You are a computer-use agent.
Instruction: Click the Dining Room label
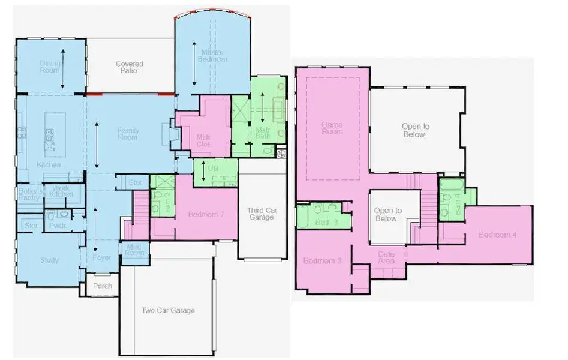(x=50, y=66)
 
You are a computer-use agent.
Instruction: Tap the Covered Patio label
(x=129, y=67)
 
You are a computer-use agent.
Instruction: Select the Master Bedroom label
(x=214, y=56)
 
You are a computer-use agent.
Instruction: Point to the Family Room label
(x=128, y=133)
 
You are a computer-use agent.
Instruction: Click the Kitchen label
(x=49, y=164)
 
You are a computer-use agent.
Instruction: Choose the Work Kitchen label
(x=61, y=191)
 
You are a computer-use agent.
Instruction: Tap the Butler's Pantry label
(x=28, y=194)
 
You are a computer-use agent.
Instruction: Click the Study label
(x=49, y=260)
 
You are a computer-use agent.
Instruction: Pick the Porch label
(x=102, y=286)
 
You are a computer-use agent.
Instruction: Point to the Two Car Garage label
(x=168, y=310)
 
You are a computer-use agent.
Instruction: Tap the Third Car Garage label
(x=262, y=214)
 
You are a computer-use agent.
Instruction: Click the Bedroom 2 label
(x=206, y=214)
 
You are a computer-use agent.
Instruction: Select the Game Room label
(x=332, y=128)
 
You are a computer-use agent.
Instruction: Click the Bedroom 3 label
(x=322, y=261)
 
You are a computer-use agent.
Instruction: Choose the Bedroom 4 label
(x=497, y=235)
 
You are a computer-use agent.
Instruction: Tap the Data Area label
(x=386, y=258)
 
